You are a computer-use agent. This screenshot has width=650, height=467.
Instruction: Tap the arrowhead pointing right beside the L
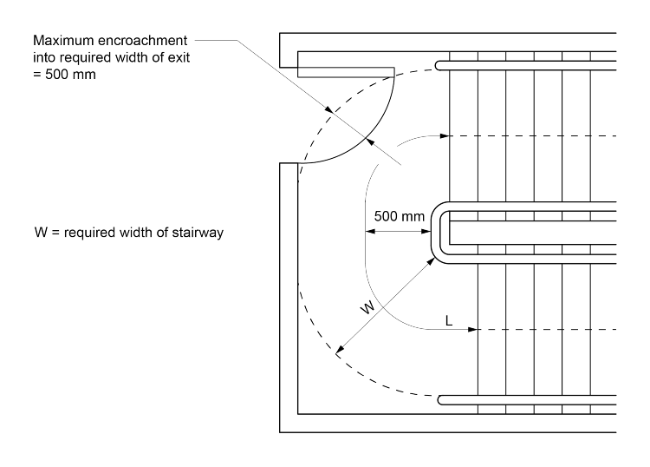coord(472,331)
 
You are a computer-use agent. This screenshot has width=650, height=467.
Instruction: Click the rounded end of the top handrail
coord(442,64)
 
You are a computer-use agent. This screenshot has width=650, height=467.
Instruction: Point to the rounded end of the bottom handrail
coord(442,400)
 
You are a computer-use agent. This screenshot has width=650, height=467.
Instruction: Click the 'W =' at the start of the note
coord(41,233)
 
